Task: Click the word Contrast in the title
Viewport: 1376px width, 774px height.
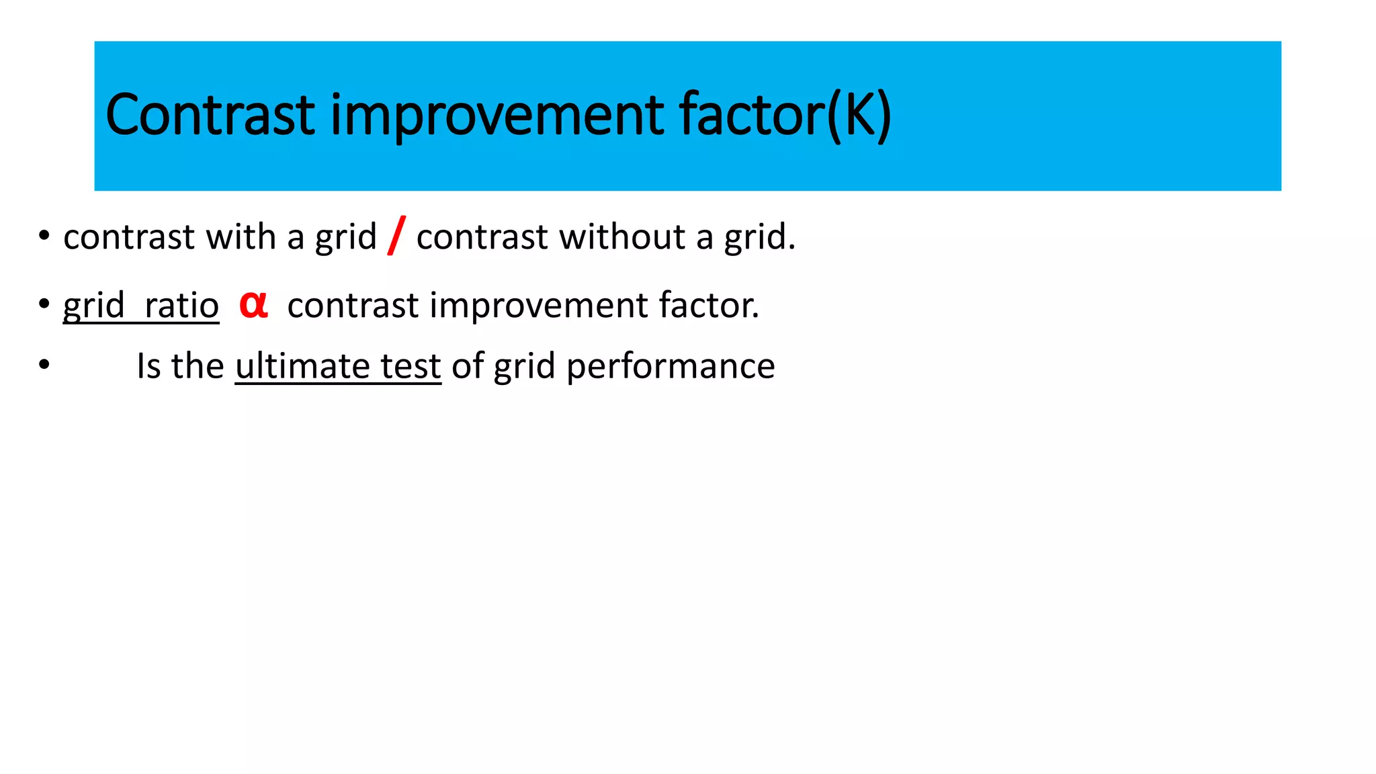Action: tap(210, 116)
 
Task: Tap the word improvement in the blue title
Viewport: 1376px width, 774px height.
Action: tap(497, 116)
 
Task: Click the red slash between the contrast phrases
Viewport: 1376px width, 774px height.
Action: tap(396, 236)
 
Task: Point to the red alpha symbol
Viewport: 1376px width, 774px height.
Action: tap(254, 304)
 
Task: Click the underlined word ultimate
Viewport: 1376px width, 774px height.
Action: tap(302, 366)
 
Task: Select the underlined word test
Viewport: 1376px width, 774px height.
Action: tap(411, 366)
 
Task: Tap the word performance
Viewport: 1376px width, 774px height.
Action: tap(671, 366)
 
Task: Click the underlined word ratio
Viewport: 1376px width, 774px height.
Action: tap(181, 306)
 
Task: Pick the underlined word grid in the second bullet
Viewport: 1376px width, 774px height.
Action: tap(94, 306)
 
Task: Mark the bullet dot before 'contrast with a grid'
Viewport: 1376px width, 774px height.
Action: tap(44, 236)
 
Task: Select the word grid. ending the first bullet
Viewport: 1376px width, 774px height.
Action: tap(759, 237)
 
